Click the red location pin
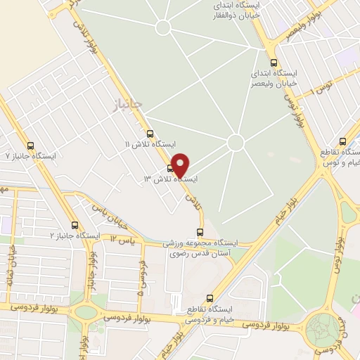(x=180, y=165)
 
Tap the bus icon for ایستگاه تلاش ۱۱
(x=150, y=133)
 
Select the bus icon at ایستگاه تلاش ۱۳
(x=171, y=168)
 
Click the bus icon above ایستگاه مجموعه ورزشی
(x=200, y=232)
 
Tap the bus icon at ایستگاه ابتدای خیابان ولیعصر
(x=274, y=62)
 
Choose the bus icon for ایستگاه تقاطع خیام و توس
(x=342, y=141)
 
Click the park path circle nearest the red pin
(x=236, y=143)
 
